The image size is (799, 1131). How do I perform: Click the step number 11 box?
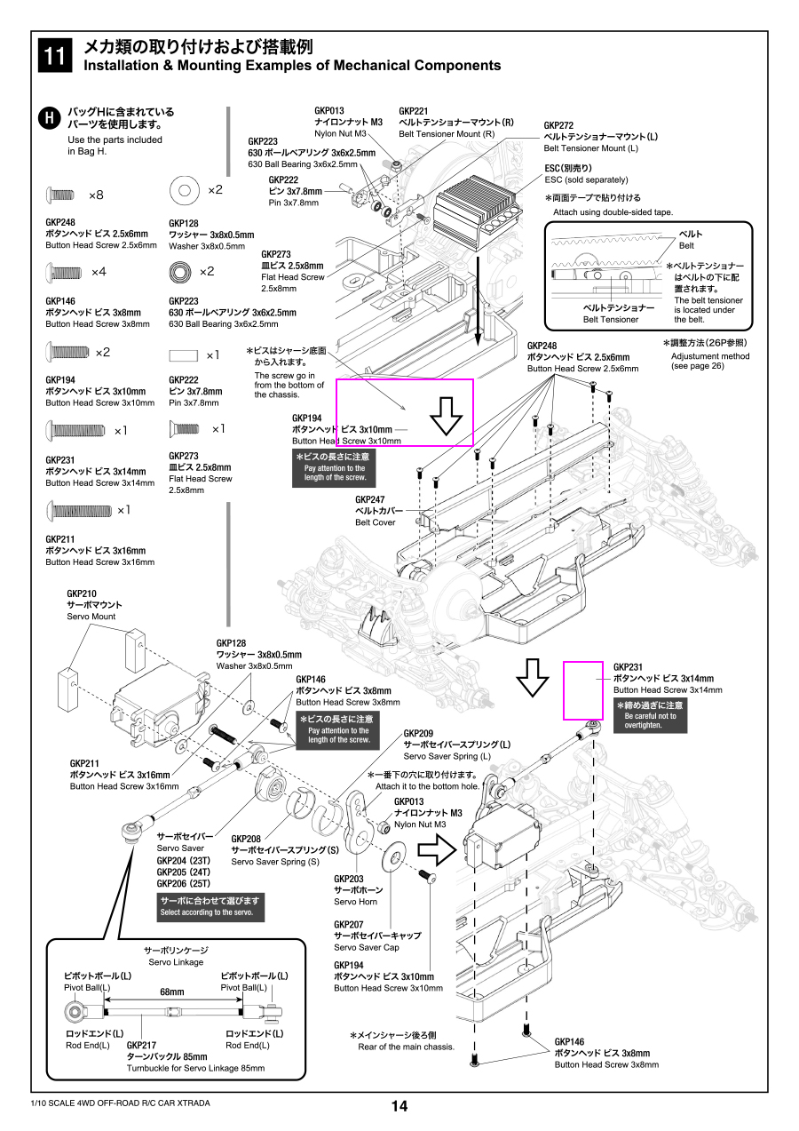[53, 55]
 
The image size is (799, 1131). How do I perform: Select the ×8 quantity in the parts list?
[96, 195]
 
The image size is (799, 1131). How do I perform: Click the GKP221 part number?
[414, 111]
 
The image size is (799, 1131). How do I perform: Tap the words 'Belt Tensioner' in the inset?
[610, 319]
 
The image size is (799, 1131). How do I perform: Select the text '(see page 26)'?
[698, 366]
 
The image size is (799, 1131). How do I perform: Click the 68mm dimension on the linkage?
[171, 992]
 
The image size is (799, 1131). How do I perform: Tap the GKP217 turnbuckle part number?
[142, 1045]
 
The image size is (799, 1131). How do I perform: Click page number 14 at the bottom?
[399, 1106]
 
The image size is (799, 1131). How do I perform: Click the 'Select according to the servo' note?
[208, 906]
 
